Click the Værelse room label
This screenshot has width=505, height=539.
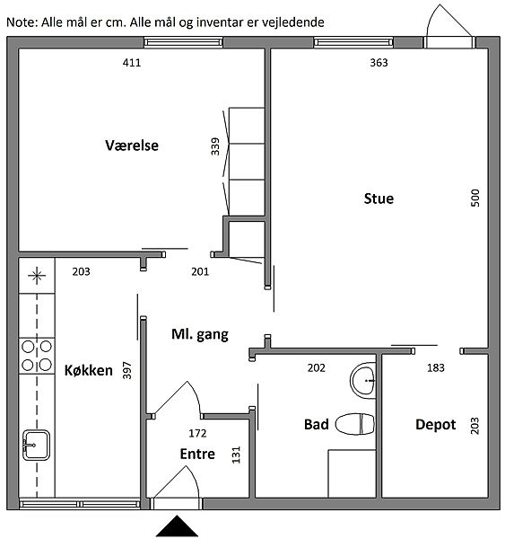click(x=132, y=146)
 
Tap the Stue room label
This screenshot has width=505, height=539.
click(x=379, y=199)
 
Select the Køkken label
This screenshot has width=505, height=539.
click(x=89, y=370)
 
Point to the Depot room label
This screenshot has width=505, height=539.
click(x=436, y=425)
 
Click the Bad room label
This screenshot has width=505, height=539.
click(x=316, y=424)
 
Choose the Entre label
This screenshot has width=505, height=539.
click(x=197, y=454)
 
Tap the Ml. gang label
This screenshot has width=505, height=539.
click(x=200, y=334)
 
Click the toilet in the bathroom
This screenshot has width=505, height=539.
click(x=355, y=424)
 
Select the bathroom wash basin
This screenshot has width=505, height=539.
click(x=363, y=381)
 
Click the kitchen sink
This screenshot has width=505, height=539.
click(x=36, y=445)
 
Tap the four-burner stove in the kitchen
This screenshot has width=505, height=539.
click(x=37, y=356)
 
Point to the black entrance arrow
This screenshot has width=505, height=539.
click(x=177, y=526)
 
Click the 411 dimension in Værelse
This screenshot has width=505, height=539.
click(x=132, y=63)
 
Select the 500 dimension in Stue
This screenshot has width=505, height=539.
click(x=475, y=198)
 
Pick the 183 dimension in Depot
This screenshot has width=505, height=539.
click(x=436, y=367)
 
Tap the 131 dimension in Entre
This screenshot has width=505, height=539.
click(x=236, y=455)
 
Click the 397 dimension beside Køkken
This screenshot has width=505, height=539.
click(x=127, y=370)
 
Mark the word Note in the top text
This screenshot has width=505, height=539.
click(x=21, y=22)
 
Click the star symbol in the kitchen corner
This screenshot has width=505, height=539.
click(x=37, y=275)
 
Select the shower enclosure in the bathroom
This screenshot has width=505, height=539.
click(x=352, y=473)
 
